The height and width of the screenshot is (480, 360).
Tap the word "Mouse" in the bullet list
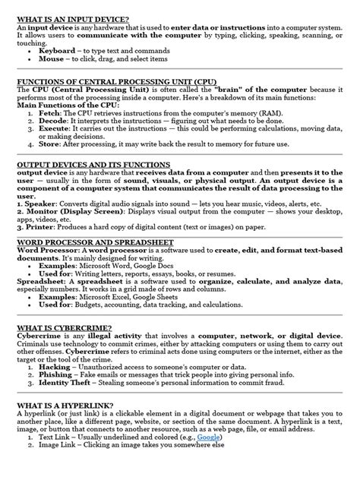point(64,58)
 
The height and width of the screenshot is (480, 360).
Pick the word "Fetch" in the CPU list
point(59,112)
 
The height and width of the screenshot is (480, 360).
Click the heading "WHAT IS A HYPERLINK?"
point(63,406)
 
